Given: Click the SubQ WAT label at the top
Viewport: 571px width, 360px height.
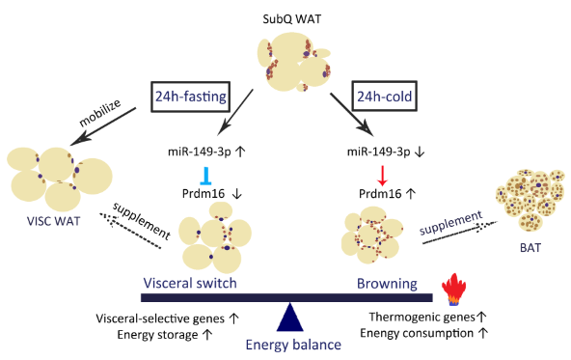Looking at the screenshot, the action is click(x=292, y=19).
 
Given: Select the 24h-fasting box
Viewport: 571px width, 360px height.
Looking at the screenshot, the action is click(x=191, y=97).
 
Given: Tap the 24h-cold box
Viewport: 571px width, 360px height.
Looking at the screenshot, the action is click(x=384, y=97).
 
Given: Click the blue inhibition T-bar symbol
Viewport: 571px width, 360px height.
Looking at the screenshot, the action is click(x=205, y=176).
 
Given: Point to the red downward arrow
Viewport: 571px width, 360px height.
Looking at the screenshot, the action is click(x=382, y=176).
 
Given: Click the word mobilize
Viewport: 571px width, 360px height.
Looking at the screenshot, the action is click(x=99, y=113).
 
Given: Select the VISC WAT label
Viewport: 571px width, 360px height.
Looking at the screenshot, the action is click(x=54, y=221).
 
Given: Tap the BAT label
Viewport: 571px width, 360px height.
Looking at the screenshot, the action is click(x=530, y=248).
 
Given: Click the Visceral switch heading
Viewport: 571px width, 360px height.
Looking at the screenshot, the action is click(x=190, y=283).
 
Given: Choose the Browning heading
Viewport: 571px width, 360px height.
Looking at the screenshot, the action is click(x=387, y=284).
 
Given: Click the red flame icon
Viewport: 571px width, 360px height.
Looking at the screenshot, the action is click(x=453, y=290).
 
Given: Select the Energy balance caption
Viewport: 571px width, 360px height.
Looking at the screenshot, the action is click(x=293, y=345).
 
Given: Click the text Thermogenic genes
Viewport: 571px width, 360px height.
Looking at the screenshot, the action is click(x=422, y=317).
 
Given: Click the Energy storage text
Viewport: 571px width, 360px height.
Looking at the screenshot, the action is click(x=157, y=335).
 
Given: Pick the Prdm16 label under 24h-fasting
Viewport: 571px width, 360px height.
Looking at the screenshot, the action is click(x=204, y=193).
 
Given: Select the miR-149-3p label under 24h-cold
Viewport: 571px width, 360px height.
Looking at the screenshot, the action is click(x=378, y=152).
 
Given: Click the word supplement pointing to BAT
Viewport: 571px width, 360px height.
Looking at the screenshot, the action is click(x=450, y=223).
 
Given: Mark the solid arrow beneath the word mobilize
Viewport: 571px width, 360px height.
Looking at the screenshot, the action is click(x=103, y=126).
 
